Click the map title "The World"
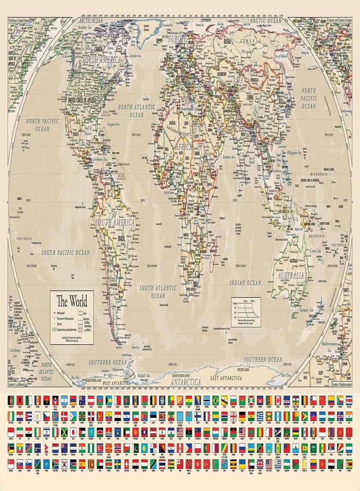[72, 300]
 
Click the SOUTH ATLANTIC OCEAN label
[159, 291]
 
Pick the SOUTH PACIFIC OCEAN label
[65, 253]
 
